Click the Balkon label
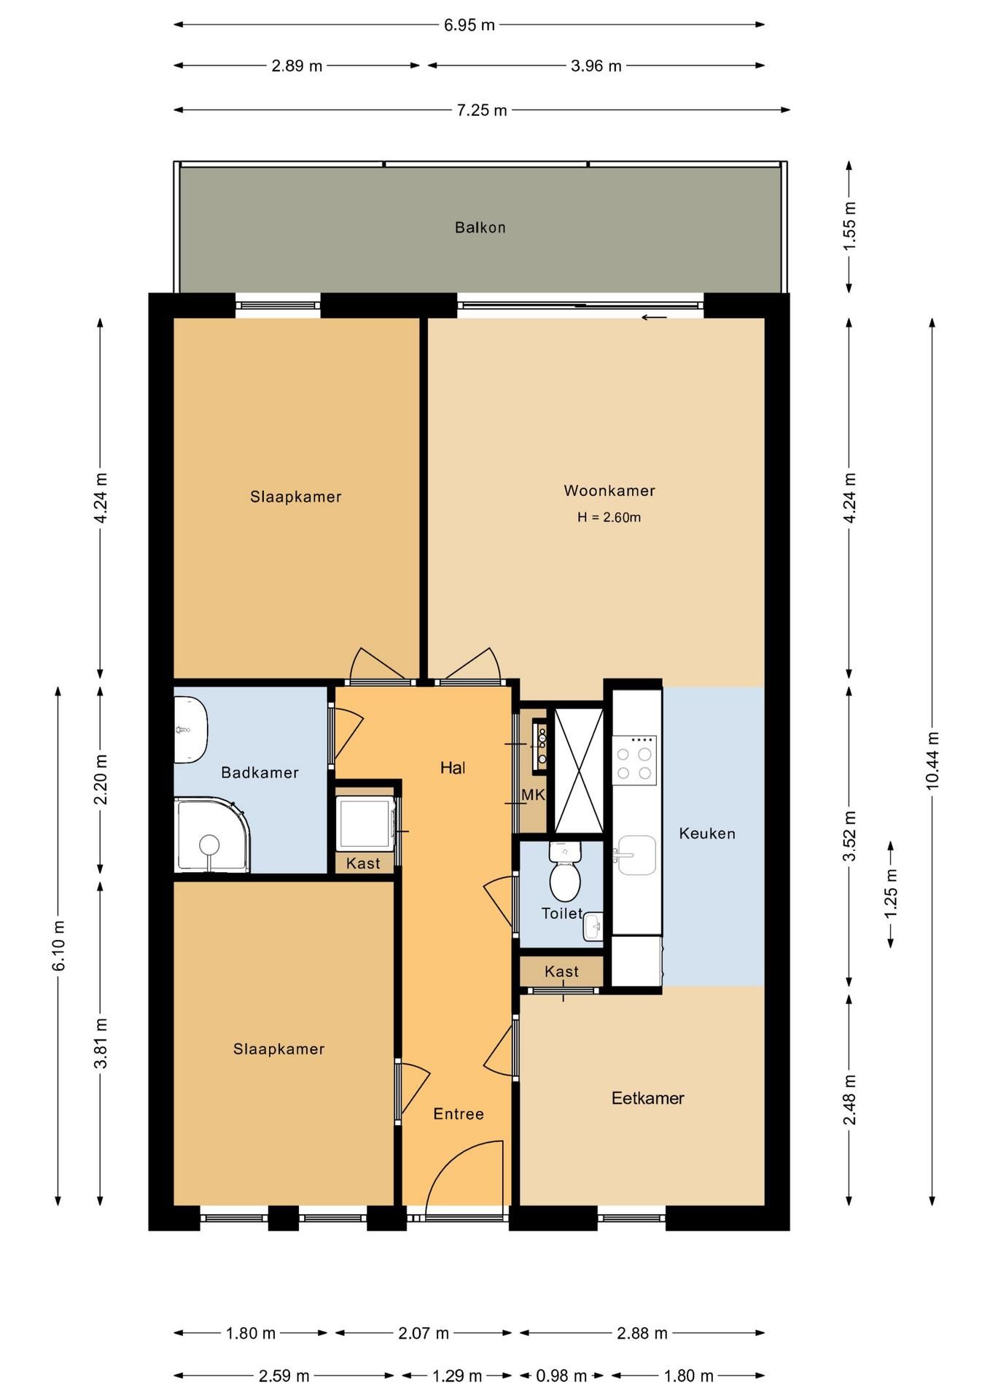pyautogui.click(x=480, y=227)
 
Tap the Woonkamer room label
pyautogui.click(x=609, y=491)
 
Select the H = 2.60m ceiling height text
pyautogui.click(x=609, y=518)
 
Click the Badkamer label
pyautogui.click(x=260, y=772)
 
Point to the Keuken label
pyautogui.click(x=706, y=833)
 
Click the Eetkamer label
pyautogui.click(x=647, y=1098)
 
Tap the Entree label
pyautogui.click(x=458, y=1113)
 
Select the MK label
pyautogui.click(x=533, y=795)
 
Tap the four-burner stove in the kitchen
pyautogui.click(x=634, y=761)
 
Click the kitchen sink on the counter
pyautogui.click(x=635, y=855)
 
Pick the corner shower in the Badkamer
pyautogui.click(x=211, y=836)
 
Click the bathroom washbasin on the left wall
pyautogui.click(x=190, y=730)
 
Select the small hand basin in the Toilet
pyautogui.click(x=593, y=927)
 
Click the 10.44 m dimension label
pyautogui.click(x=932, y=761)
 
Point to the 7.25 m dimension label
pyautogui.click(x=482, y=110)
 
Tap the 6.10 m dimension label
pyautogui.click(x=59, y=946)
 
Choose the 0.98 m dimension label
pyautogui.click(x=561, y=1376)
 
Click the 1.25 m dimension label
pyautogui.click(x=890, y=894)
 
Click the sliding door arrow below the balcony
pyautogui.click(x=654, y=317)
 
